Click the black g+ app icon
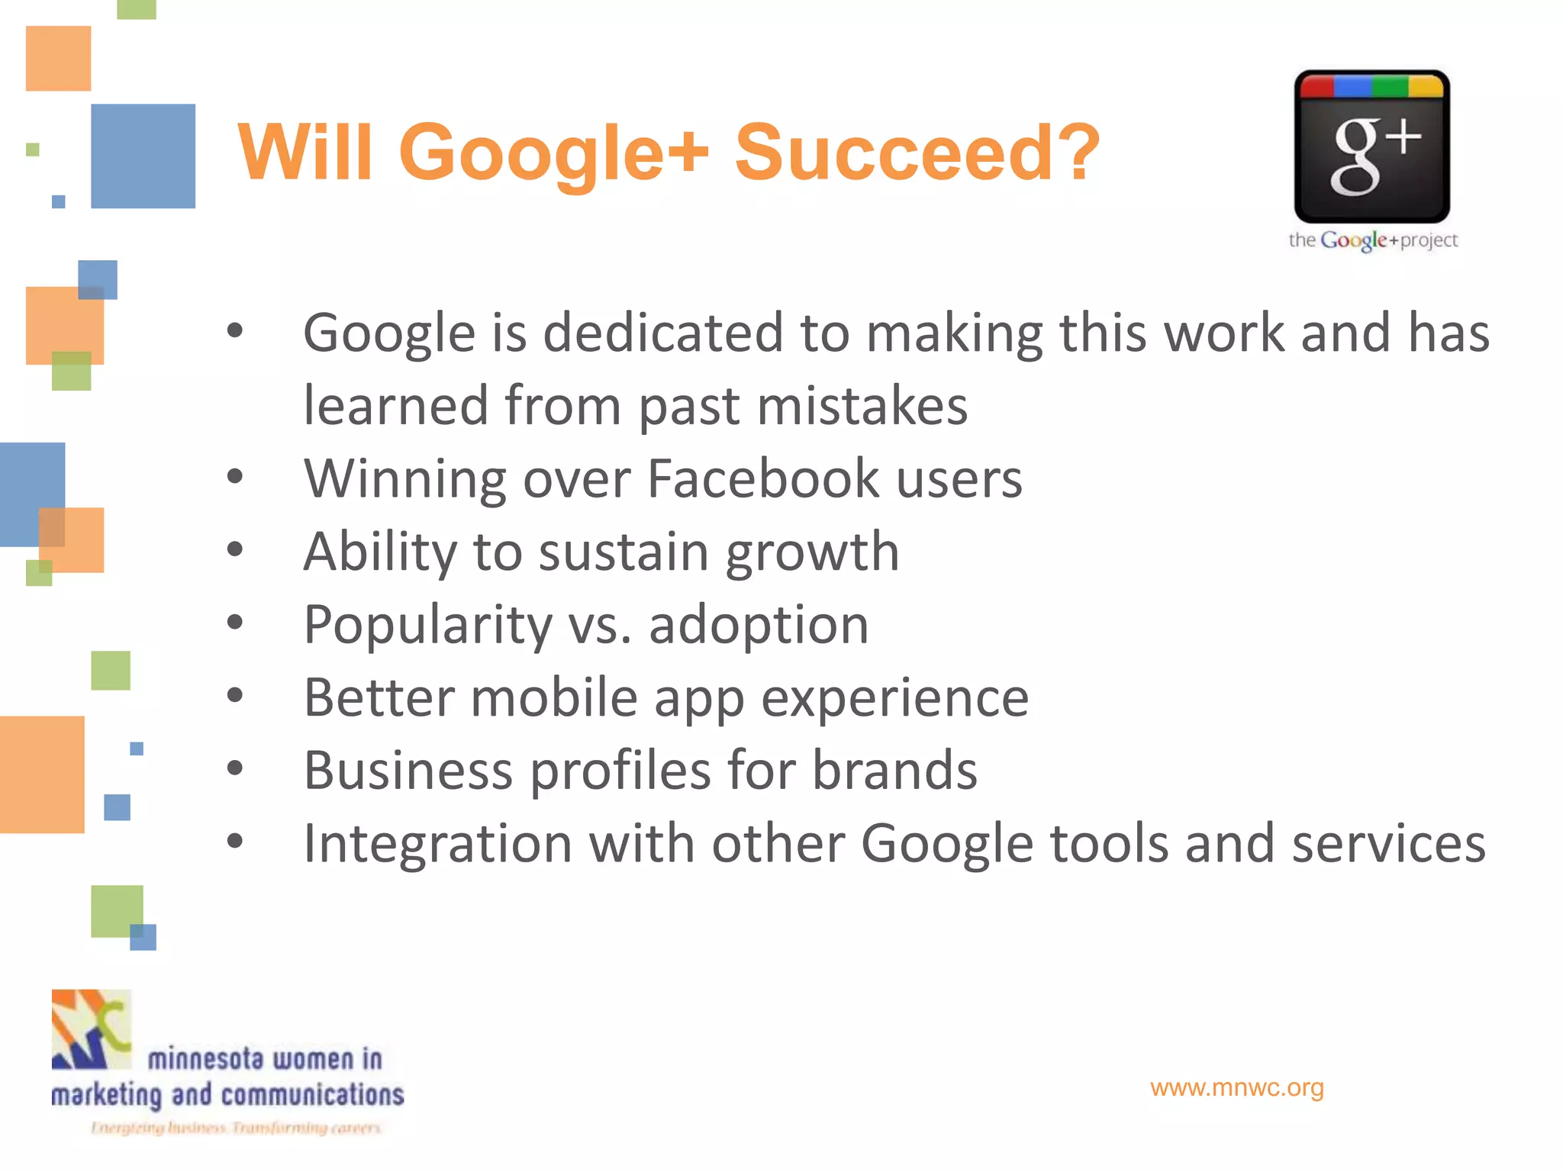coord(1371,146)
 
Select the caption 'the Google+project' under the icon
coord(1372,240)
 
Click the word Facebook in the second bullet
coord(763,479)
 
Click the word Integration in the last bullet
coord(437,844)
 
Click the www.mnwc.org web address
coord(1236,1087)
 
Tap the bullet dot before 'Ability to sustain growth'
coord(235,549)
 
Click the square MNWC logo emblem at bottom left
coord(92,1029)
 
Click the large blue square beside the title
coord(143,156)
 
